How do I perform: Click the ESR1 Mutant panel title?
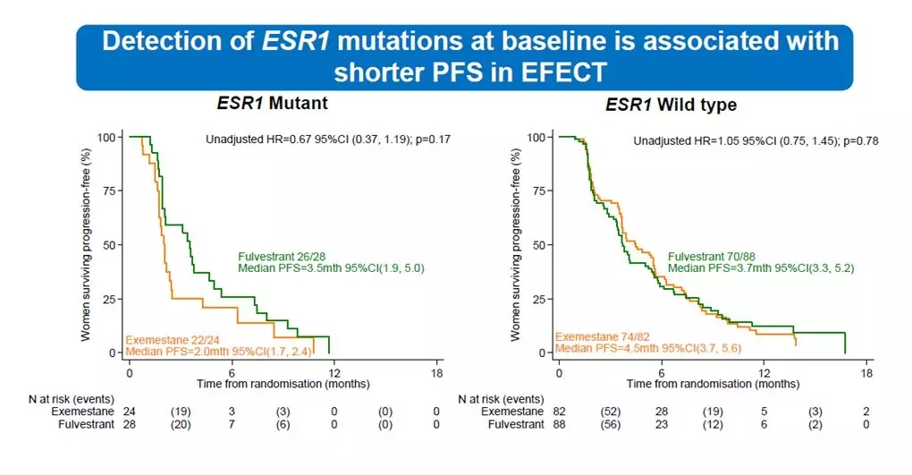(x=272, y=103)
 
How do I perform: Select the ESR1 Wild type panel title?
(x=671, y=105)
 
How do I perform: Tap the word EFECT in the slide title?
(x=562, y=72)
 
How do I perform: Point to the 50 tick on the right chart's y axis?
(x=540, y=245)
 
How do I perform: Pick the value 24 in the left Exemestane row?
(x=131, y=411)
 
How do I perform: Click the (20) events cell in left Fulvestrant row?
(x=181, y=424)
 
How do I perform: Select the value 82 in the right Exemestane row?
(x=560, y=411)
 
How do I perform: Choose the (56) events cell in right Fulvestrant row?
(x=610, y=424)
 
